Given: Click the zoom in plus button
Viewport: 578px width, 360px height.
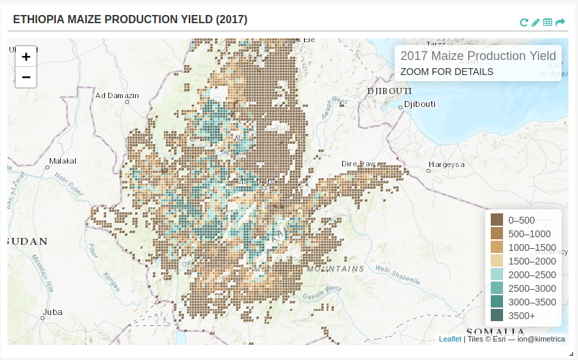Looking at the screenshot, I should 26,57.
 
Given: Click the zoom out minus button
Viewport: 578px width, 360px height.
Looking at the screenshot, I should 26,77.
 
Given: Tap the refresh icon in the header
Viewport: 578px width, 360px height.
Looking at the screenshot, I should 523,22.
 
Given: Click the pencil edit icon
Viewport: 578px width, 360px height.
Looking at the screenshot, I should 536,22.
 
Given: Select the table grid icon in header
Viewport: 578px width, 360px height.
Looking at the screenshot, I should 548,22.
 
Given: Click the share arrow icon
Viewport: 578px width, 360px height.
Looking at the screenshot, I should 560,22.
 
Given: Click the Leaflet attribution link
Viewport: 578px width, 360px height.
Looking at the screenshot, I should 450,339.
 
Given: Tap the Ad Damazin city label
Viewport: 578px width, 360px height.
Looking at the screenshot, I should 117,95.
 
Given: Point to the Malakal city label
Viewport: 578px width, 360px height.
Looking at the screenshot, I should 62,162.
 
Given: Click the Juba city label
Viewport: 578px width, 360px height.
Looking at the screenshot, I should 52,312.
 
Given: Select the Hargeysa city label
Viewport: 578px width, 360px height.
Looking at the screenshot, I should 446,164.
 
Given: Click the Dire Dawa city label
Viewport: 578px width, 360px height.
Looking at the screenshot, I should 361,164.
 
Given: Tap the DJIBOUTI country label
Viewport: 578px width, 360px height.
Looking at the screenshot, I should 389,91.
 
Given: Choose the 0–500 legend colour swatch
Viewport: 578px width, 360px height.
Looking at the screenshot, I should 497,220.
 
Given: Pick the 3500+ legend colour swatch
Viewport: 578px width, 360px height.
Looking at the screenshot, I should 497,315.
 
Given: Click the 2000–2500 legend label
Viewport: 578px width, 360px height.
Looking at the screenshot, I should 532,275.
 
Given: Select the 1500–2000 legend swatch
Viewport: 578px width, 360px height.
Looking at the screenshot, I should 497,260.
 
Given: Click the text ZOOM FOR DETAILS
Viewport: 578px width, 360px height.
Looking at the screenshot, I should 446,72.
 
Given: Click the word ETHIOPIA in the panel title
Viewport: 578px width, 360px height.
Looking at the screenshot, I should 38,20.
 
